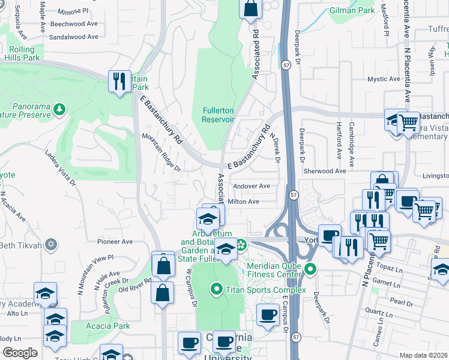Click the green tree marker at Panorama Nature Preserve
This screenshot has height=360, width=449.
coord(59,109)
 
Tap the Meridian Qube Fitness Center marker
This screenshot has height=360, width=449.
coord(310,268)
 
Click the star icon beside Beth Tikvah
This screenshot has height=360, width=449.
coord(52,245)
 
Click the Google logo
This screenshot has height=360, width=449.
coord(20,352)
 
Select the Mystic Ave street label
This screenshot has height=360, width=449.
coord(384,79)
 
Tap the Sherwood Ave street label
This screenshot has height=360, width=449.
coord(325,171)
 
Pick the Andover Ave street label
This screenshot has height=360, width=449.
coord(251,186)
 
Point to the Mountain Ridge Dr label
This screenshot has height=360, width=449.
coord(161,152)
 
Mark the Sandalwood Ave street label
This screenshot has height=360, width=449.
coord(74,37)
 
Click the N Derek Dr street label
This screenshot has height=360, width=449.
coord(274,148)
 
